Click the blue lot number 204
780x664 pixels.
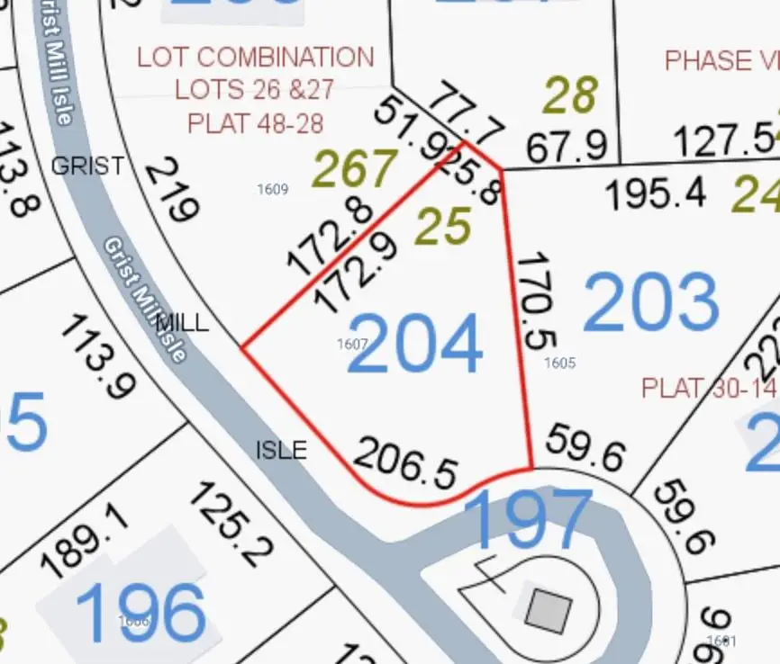click(x=414, y=345)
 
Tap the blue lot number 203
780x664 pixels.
click(x=651, y=301)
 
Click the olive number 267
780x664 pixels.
click(x=354, y=169)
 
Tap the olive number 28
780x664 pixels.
click(x=571, y=95)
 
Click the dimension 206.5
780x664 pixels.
click(x=405, y=461)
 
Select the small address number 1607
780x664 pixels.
click(x=352, y=344)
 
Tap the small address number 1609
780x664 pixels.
click(x=272, y=189)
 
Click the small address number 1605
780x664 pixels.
click(x=559, y=363)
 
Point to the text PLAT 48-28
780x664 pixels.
click(x=255, y=121)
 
